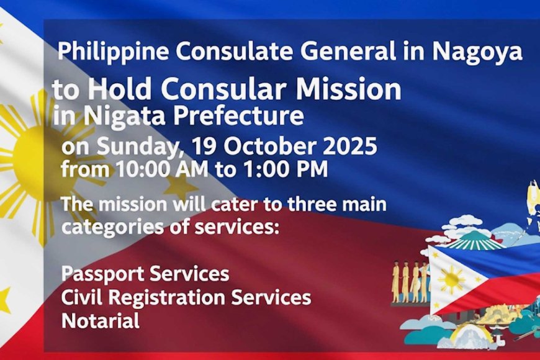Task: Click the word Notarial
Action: [x=101, y=320]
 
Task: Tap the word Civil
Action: [x=82, y=297]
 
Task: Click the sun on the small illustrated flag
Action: [x=451, y=279]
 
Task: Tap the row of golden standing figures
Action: [x=410, y=281]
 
